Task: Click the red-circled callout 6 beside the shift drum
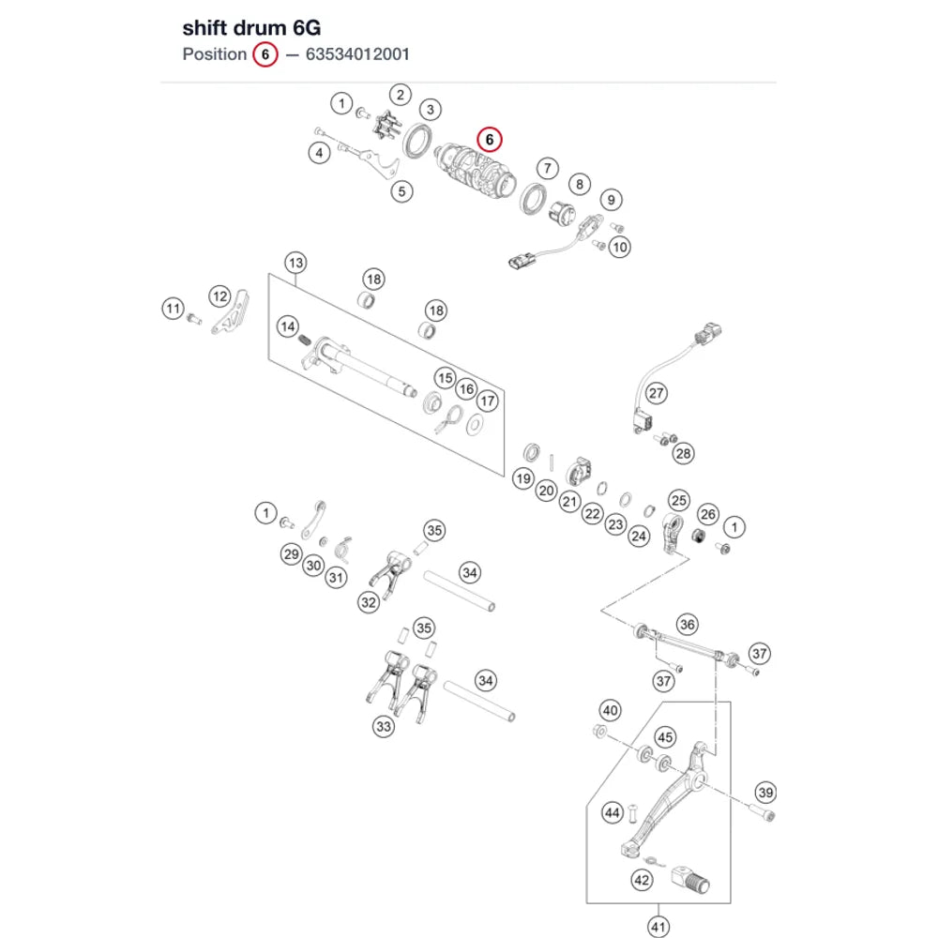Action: point(490,140)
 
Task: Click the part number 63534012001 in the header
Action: point(357,54)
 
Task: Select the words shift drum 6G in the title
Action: point(251,28)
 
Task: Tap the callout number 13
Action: point(296,264)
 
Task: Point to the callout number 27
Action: point(657,394)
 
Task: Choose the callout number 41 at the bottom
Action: point(658,927)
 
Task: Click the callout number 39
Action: point(765,793)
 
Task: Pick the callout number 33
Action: point(384,727)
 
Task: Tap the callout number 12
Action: point(220,296)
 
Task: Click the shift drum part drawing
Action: point(474,171)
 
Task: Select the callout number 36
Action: point(688,625)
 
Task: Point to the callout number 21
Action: point(569,501)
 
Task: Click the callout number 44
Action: point(612,813)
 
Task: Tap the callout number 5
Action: point(402,192)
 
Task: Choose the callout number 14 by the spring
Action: point(288,326)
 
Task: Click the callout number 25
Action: point(679,501)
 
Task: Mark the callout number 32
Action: point(369,602)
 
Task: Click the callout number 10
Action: point(620,247)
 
